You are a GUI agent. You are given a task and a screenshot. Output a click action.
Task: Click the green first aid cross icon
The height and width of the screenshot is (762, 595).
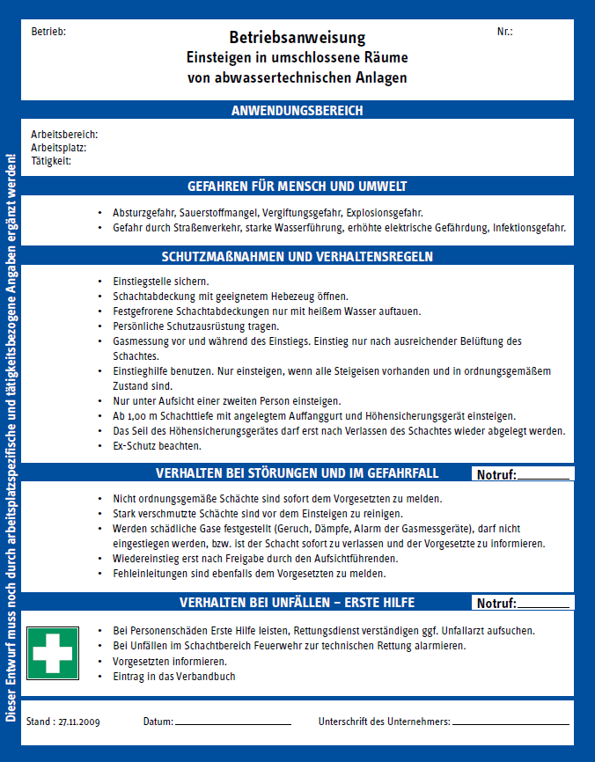coord(53,653)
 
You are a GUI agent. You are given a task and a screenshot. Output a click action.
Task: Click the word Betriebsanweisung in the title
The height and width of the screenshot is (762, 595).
coord(297,38)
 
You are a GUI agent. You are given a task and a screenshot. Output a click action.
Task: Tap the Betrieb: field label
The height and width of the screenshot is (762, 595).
coord(48,32)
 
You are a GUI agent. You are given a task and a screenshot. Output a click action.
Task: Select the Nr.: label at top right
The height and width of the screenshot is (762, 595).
coord(504,32)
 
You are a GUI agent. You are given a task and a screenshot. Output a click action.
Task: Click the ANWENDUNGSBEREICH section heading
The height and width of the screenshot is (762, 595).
coord(297,111)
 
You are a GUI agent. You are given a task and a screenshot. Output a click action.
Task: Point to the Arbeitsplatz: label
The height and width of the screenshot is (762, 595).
coord(58,148)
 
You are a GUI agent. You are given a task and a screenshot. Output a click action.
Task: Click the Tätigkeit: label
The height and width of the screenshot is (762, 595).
coord(51,161)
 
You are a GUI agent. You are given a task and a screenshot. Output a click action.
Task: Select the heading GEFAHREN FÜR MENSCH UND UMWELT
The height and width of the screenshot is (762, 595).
coord(297,187)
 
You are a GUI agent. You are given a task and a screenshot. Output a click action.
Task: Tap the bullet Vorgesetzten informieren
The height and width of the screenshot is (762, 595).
coord(170,661)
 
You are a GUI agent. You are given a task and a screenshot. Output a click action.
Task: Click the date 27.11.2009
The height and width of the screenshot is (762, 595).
coord(79,722)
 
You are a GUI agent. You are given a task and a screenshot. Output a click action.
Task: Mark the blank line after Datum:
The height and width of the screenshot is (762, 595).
coord(232,723)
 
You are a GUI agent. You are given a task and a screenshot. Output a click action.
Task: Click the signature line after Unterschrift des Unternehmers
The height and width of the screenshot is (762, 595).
coord(511,723)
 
